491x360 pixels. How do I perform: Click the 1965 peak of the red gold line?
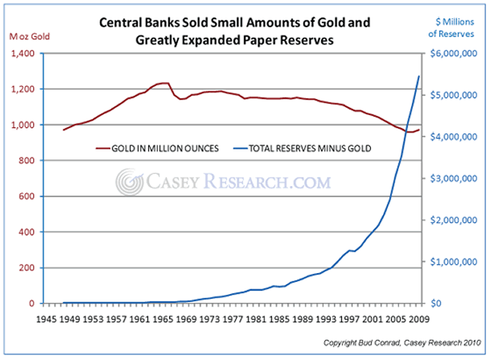(x=163, y=84)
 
